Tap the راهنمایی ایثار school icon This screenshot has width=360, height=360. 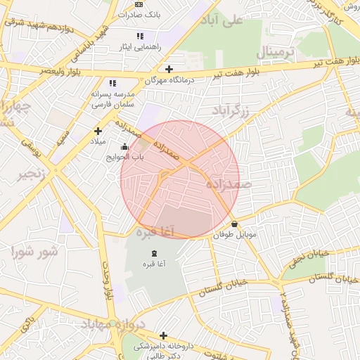(139, 35)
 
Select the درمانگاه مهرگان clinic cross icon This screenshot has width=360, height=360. (168, 68)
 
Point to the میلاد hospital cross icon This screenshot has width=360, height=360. (98, 130)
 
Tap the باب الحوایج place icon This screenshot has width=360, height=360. (124, 147)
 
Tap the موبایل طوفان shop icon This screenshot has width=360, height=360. (234, 224)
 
